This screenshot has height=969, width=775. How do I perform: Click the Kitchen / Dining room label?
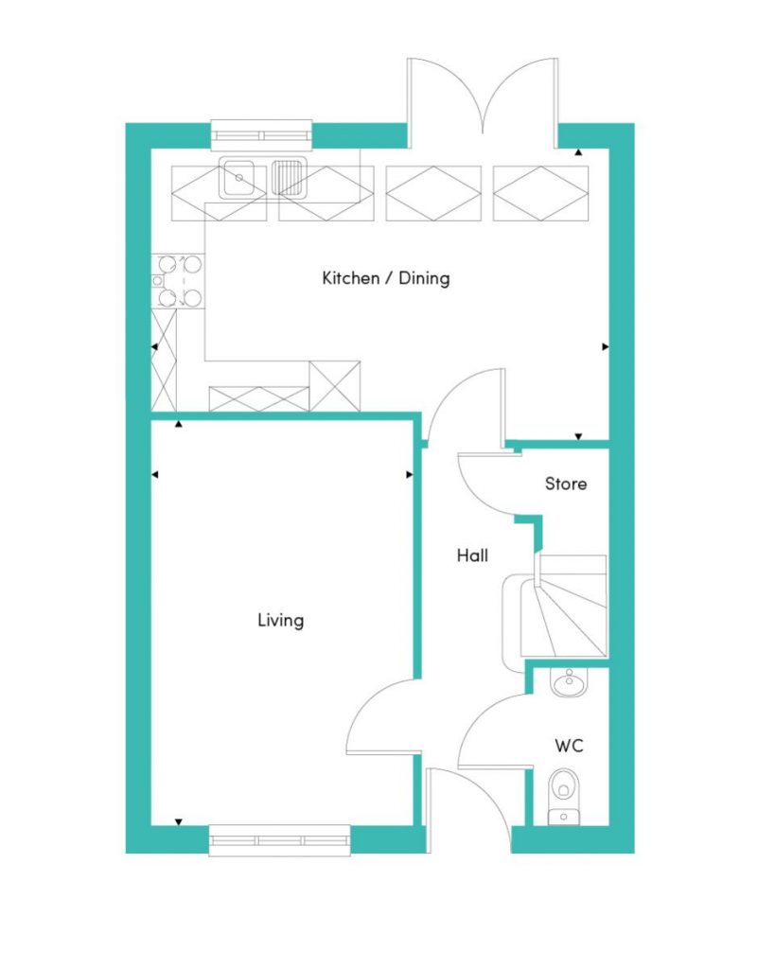click(386, 278)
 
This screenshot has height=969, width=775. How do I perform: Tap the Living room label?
click(281, 620)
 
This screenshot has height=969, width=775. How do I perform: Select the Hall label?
click(472, 555)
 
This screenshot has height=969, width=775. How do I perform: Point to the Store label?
click(566, 484)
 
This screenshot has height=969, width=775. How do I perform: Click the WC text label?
click(569, 746)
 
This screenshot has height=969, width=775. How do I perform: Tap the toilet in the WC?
click(564, 796)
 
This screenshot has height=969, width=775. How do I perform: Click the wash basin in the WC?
click(570, 682)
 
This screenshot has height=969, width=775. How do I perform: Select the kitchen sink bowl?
click(238, 178)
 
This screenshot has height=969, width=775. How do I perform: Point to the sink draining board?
click(290, 177)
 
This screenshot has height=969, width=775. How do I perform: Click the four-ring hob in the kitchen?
click(179, 281)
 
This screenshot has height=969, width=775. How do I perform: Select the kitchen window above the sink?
click(261, 135)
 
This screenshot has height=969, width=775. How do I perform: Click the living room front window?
click(280, 840)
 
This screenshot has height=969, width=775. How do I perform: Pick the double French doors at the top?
click(483, 103)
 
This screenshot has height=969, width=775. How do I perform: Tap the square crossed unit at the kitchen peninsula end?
click(334, 386)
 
